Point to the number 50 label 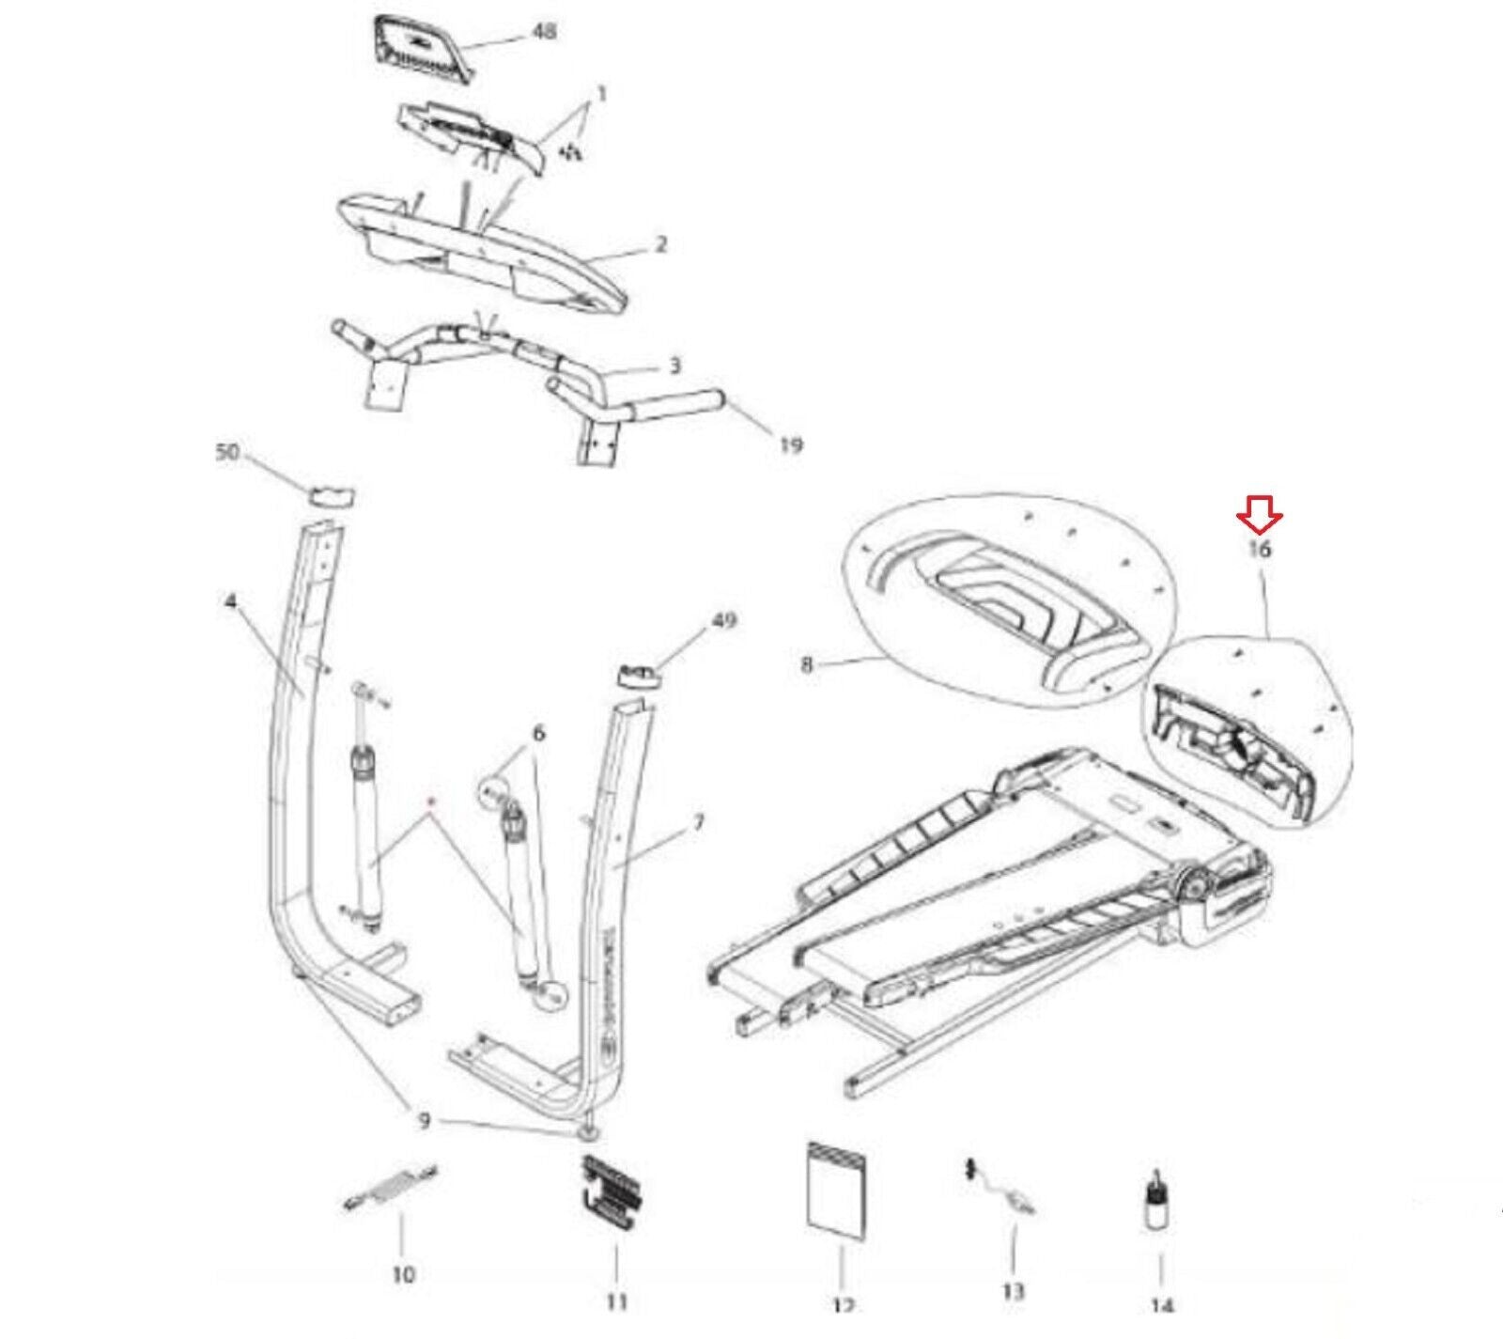(x=227, y=452)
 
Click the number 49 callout (x=723, y=620)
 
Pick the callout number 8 (x=807, y=665)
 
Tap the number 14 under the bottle (x=1161, y=1305)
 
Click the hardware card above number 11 (x=614, y=1193)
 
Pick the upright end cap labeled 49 (x=638, y=674)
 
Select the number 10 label (x=402, y=1274)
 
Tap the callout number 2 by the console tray (x=660, y=244)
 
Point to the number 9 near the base (x=424, y=1121)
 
